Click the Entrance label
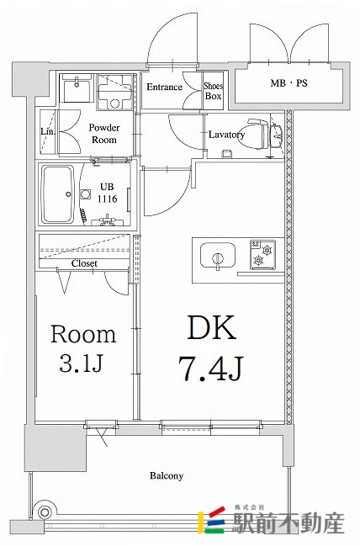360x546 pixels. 165,87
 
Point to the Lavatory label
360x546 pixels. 226,135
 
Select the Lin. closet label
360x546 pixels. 47,131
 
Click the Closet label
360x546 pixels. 83,263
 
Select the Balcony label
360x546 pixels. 167,475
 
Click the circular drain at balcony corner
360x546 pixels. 46,512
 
